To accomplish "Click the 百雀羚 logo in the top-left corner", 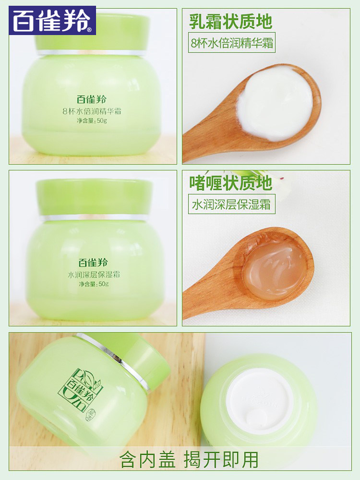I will (52, 21).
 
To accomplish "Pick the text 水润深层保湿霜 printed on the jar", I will (94, 275).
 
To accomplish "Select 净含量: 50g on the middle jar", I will (95, 284).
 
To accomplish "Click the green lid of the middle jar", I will (94, 196).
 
